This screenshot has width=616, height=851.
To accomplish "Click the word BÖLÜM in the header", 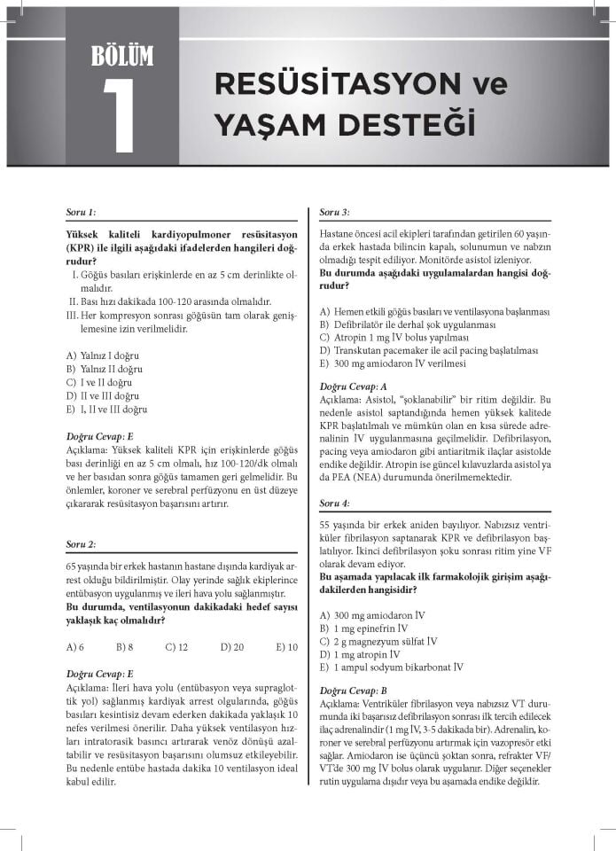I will click(x=122, y=56).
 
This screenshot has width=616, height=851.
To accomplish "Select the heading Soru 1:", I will click(x=81, y=213).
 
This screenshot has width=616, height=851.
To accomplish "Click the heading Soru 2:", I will click(x=81, y=543).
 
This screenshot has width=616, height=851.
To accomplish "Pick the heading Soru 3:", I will click(x=334, y=213).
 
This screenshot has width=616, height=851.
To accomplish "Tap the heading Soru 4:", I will click(x=334, y=503).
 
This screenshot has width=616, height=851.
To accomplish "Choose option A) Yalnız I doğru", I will click(x=103, y=355).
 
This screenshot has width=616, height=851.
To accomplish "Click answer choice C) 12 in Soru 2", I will click(x=176, y=647).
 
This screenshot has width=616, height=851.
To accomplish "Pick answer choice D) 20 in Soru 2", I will click(x=232, y=647).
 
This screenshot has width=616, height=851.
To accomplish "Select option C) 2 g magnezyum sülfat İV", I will click(x=378, y=641).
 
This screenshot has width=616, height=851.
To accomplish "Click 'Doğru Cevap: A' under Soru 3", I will click(x=353, y=386).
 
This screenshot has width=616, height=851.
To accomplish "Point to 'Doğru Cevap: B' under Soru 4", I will click(x=353, y=691).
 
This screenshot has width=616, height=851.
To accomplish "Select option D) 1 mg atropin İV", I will click(x=368, y=654).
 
